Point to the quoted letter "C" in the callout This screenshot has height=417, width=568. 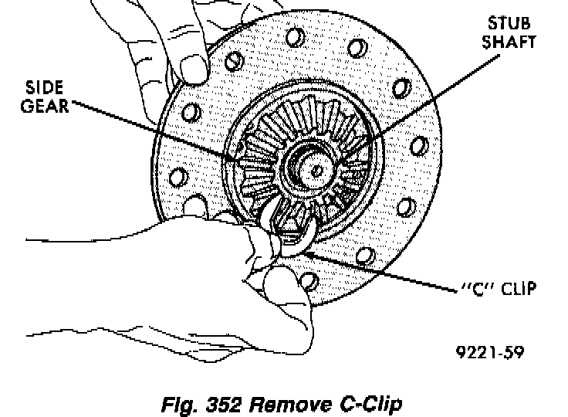coord(472,290)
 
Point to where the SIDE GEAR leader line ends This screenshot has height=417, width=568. coord(242,158)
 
